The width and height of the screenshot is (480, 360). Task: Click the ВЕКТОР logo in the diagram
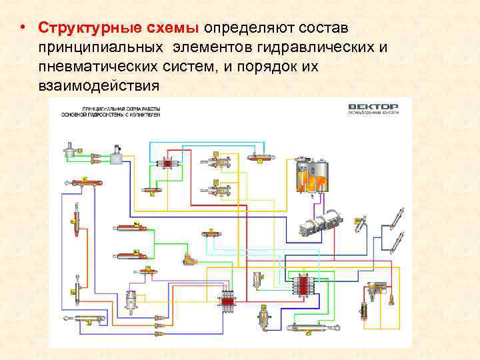tap(373, 107)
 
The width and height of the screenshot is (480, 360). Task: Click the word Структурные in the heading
tap(80, 29)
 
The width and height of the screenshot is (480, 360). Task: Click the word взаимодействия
tap(99, 86)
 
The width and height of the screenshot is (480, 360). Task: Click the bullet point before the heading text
tap(23, 29)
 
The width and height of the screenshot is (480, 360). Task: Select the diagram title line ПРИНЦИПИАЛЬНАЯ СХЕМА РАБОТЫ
tap(120, 108)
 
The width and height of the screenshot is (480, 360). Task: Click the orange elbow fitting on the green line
tap(192, 257)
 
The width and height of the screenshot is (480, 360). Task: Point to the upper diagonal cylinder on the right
tap(397, 219)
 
